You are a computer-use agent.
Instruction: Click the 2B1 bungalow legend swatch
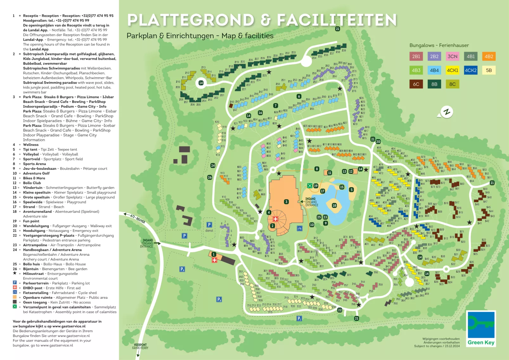(416, 56)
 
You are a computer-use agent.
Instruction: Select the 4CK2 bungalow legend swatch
(471, 70)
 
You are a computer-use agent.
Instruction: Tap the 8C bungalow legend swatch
(452, 84)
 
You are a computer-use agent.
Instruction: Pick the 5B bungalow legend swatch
(489, 70)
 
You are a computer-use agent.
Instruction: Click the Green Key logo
(481, 329)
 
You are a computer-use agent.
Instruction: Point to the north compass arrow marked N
(446, 112)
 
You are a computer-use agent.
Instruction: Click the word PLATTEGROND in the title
(191, 20)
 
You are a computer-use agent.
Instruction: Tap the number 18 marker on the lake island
(334, 205)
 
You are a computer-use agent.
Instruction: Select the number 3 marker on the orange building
(286, 202)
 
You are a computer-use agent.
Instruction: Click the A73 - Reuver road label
(137, 218)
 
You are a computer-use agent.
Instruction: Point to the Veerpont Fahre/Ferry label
(140, 346)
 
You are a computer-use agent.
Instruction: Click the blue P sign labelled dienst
(209, 225)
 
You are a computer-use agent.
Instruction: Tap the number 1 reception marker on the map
(214, 254)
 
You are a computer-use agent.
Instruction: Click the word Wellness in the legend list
(31, 145)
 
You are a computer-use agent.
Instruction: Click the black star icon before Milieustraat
(15, 273)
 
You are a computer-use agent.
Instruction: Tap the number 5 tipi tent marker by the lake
(351, 190)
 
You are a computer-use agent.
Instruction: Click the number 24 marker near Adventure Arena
(213, 165)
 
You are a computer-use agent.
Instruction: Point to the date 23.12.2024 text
(452, 346)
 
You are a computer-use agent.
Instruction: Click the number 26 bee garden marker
(210, 177)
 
